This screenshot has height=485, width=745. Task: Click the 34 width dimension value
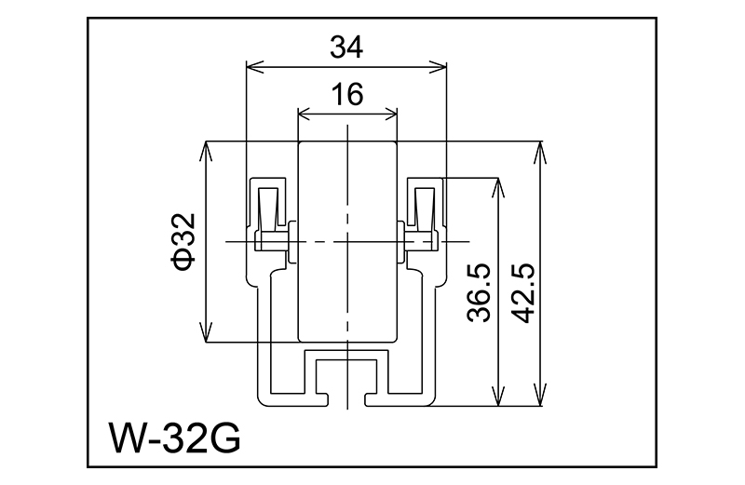click(x=345, y=47)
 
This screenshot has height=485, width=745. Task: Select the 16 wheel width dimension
click(x=345, y=94)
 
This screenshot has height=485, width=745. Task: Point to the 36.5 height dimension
click(x=479, y=292)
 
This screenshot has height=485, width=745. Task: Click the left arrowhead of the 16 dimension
click(x=304, y=114)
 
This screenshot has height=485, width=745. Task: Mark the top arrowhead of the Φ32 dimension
click(x=206, y=149)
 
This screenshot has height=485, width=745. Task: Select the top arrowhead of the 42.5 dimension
click(x=539, y=149)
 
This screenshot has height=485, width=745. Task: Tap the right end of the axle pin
click(x=434, y=242)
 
